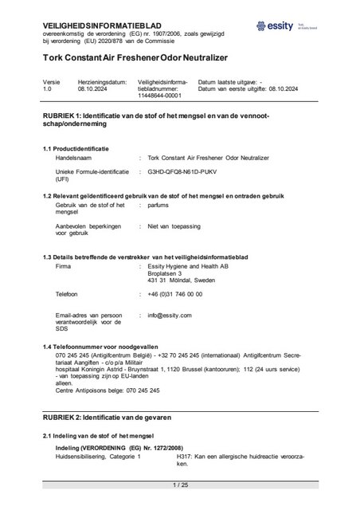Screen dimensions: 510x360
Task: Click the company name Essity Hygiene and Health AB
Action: [x=190, y=267]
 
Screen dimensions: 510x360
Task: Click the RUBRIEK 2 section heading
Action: [x=118, y=418]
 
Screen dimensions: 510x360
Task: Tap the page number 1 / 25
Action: [x=179, y=484]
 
